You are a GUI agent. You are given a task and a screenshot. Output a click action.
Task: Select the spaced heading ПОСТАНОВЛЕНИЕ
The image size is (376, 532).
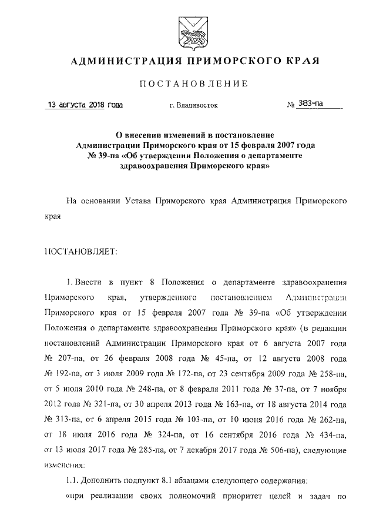coord(188,83)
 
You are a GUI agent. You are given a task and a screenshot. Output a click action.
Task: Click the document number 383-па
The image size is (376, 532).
coord(311,104)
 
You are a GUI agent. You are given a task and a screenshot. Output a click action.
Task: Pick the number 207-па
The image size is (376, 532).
coord(65,358)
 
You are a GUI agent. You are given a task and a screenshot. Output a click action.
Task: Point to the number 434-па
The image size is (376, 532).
coord(330,435)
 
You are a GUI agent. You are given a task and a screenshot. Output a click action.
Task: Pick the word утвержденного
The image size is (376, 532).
coord(169,297)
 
